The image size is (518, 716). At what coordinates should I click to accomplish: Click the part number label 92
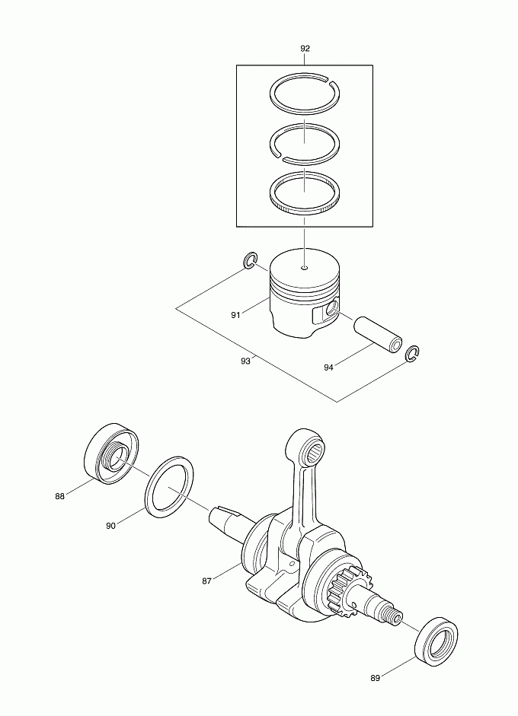[305, 49]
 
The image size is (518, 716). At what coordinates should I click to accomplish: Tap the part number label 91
[235, 315]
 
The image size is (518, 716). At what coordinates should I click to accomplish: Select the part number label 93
[245, 361]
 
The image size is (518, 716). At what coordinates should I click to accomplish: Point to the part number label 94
[328, 368]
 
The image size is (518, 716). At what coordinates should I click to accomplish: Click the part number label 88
[60, 496]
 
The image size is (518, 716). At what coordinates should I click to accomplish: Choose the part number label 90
[110, 526]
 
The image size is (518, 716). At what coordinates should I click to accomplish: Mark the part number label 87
[206, 581]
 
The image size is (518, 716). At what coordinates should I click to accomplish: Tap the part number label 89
[375, 678]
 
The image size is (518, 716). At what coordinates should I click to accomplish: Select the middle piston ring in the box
[271, 142]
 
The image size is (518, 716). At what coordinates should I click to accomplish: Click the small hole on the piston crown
[305, 268]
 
